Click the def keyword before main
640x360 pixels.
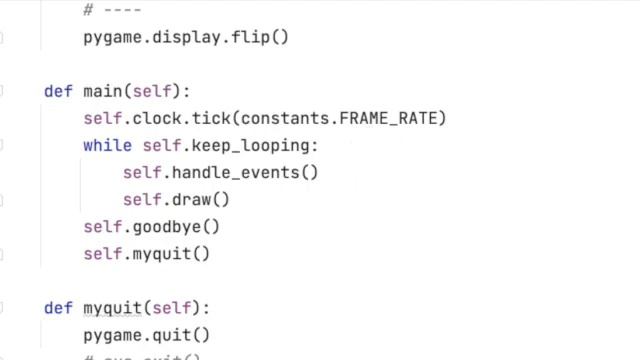click(x=58, y=92)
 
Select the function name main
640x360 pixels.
click(x=102, y=92)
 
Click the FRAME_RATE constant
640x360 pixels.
click(x=393, y=119)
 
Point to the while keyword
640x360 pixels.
click(x=107, y=146)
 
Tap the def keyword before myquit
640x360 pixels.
click(x=58, y=308)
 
